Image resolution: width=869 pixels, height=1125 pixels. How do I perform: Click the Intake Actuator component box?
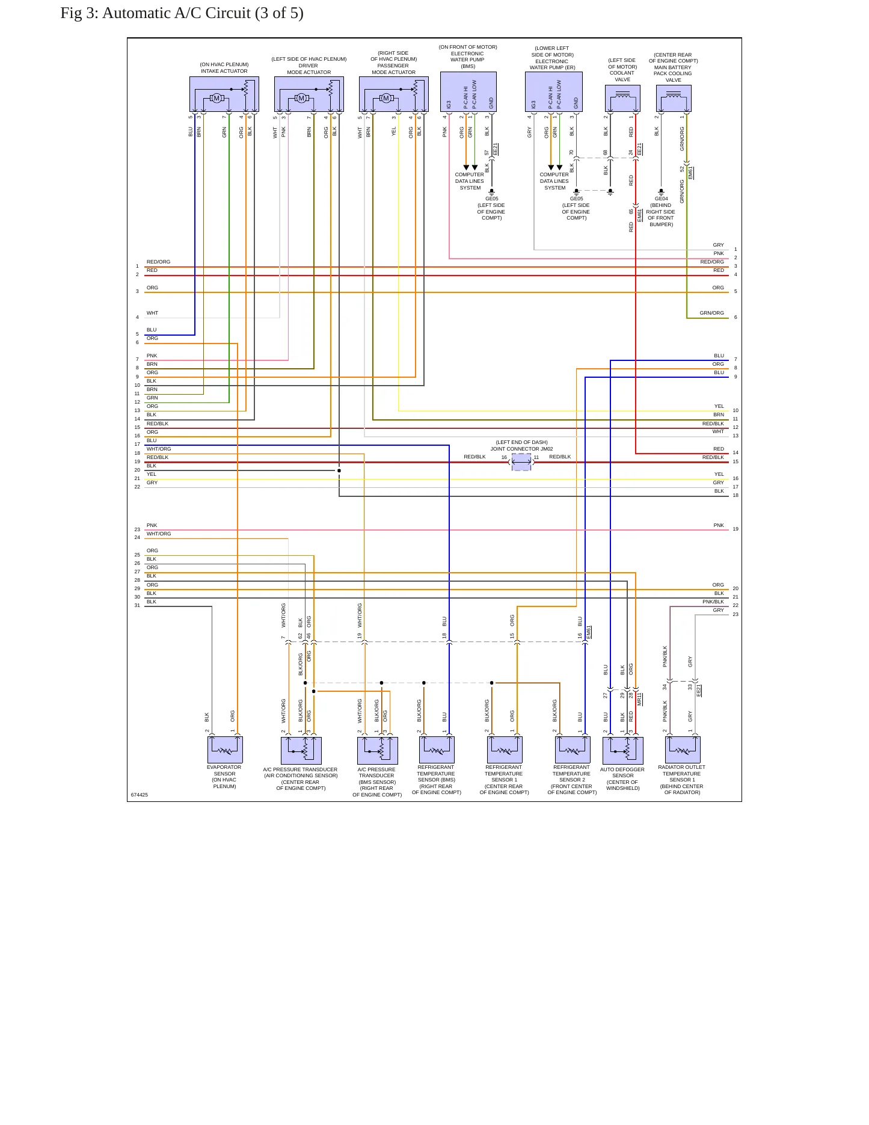click(x=224, y=94)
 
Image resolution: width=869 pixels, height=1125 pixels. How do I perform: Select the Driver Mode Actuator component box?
click(x=309, y=94)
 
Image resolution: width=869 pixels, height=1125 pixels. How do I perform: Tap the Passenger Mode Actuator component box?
click(x=394, y=94)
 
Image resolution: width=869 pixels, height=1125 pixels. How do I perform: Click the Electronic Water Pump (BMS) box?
click(x=468, y=92)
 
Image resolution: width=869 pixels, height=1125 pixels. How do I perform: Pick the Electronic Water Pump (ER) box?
click(x=553, y=92)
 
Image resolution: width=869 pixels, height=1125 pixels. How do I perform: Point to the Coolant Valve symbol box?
click(x=622, y=99)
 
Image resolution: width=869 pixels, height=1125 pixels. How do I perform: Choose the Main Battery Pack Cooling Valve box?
click(x=674, y=99)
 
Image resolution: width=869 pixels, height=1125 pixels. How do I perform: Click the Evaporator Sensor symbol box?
click(x=225, y=750)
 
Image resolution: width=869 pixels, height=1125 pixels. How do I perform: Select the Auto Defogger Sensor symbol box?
click(x=623, y=750)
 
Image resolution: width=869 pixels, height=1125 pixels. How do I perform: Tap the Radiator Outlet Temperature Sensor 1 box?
click(x=683, y=750)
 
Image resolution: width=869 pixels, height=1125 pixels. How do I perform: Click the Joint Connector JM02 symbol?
click(x=521, y=462)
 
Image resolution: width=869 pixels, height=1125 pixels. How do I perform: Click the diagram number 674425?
click(x=140, y=795)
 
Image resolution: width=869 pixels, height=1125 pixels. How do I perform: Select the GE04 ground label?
click(x=661, y=199)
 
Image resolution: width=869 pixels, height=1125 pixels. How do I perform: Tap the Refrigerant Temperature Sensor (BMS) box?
click(x=437, y=750)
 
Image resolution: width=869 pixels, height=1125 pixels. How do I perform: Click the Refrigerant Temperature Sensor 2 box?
click(x=573, y=750)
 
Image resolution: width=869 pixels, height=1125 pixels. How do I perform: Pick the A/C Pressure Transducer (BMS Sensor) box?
click(x=378, y=750)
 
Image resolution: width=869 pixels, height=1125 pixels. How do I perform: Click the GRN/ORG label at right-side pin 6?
click(x=711, y=313)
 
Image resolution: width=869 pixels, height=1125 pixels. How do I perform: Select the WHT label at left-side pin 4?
click(x=153, y=313)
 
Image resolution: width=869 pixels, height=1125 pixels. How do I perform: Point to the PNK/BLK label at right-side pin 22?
click(x=713, y=602)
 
